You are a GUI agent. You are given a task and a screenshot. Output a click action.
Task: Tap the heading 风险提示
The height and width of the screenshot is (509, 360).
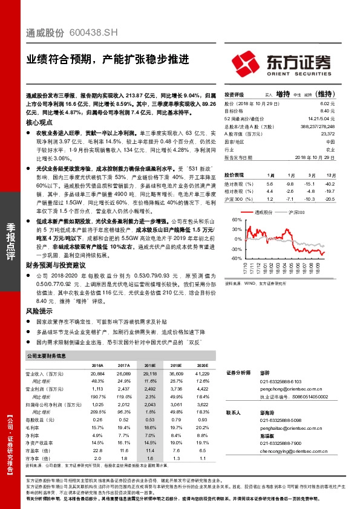pos(39,310)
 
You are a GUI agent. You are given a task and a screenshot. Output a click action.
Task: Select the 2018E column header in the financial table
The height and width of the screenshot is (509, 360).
pos(149,366)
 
